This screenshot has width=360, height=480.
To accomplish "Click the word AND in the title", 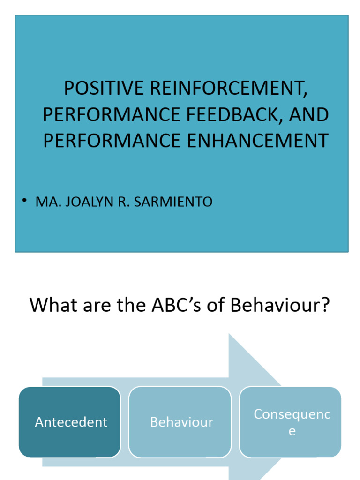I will [310, 115].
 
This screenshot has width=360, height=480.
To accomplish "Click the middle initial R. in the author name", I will [123, 202].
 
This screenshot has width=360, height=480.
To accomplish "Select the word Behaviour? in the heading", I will [280, 306].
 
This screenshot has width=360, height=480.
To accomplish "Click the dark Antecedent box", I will [70, 422].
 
